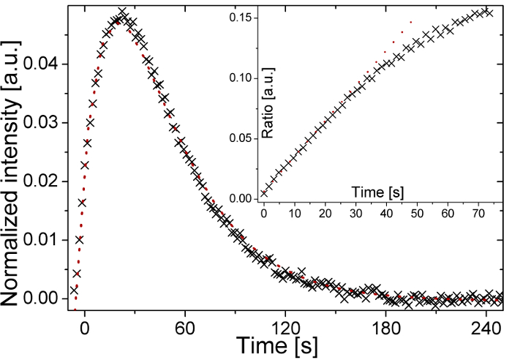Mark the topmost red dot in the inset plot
(x=411, y=23)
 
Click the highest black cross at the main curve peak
(x=123, y=12)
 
